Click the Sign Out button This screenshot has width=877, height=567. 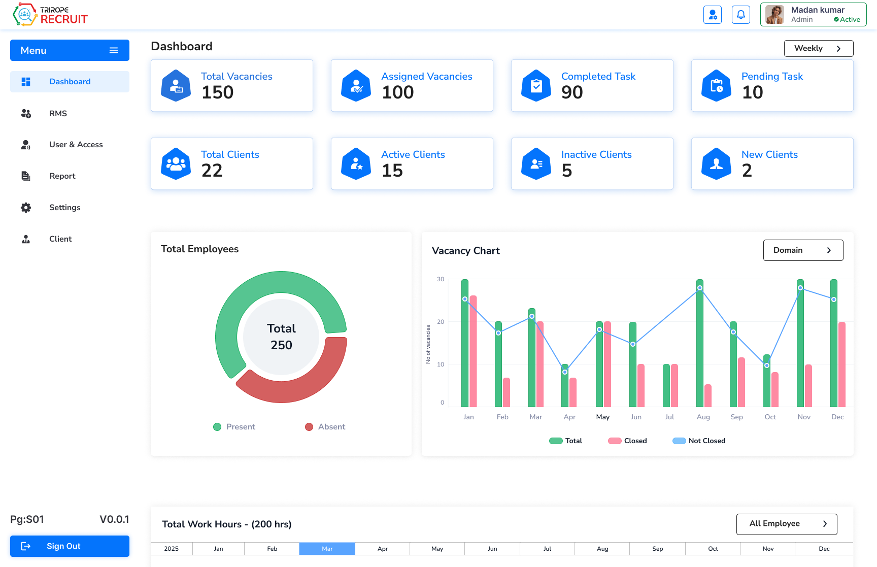(70, 546)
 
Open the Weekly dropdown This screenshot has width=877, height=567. (818, 49)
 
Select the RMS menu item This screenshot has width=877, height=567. (58, 114)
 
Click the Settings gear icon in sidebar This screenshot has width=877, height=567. (26, 208)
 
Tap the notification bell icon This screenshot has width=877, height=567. (740, 15)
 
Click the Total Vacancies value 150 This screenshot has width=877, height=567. (217, 92)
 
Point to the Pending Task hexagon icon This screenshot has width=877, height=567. (716, 86)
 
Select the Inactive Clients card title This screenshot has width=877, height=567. (596, 154)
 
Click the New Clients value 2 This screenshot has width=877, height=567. (747, 171)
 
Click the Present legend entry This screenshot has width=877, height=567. (234, 427)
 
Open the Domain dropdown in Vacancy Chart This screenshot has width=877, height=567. (803, 250)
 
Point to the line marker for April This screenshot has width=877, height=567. (565, 372)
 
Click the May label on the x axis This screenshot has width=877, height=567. (602, 417)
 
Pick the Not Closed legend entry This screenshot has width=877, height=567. (699, 441)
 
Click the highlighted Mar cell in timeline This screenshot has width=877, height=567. (327, 549)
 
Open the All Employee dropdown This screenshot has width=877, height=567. (786, 524)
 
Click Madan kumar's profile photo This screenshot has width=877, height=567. (774, 15)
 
